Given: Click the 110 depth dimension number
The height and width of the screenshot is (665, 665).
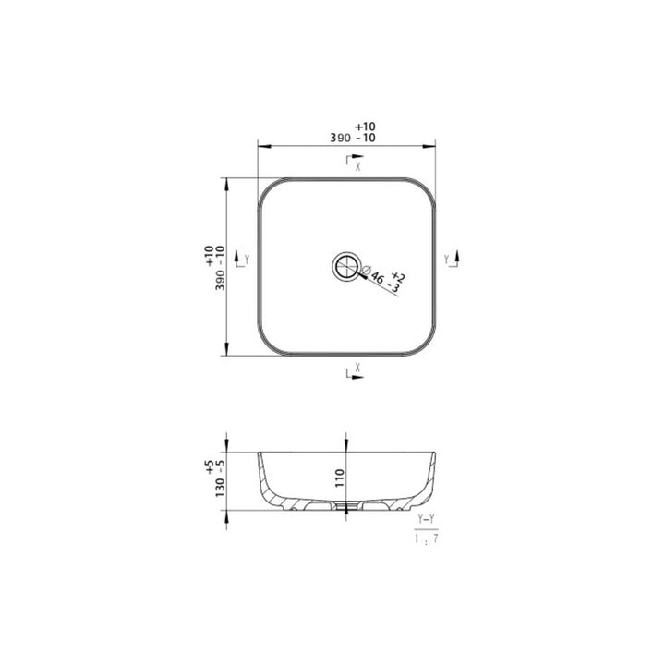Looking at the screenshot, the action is click(x=340, y=478).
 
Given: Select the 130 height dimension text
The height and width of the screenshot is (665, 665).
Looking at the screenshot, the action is click(x=220, y=485).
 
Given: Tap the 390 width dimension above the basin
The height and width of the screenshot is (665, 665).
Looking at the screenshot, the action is click(x=340, y=138).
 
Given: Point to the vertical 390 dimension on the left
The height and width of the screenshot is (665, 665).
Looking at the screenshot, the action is click(x=220, y=279).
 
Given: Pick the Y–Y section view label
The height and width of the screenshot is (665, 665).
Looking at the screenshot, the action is click(x=426, y=519).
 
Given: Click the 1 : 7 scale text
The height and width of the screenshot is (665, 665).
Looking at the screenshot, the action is click(x=426, y=538).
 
